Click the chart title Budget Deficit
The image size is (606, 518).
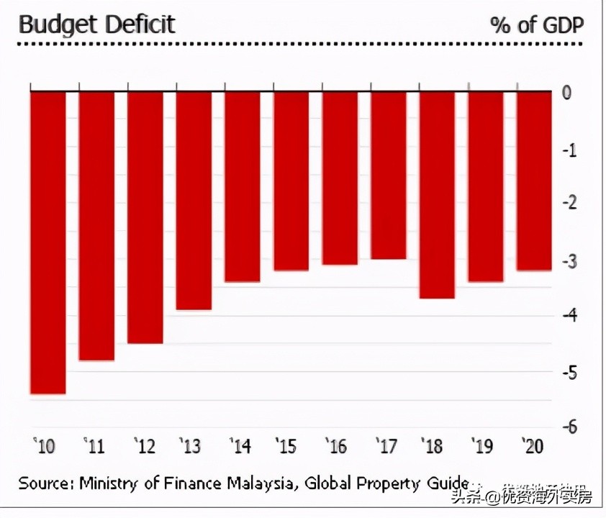pyautogui.click(x=96, y=24)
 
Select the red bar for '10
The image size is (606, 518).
pyautogui.click(x=48, y=242)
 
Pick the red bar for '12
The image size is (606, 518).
pyautogui.click(x=145, y=217)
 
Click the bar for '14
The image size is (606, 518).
pyautogui.click(x=243, y=186)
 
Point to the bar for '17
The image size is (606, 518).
pyautogui.click(x=389, y=175)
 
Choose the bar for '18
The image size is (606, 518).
pyautogui.click(x=437, y=194)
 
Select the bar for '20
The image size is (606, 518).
pyautogui.click(x=534, y=181)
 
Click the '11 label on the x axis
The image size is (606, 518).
pyautogui.click(x=94, y=446)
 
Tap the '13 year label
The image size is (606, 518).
pyautogui.click(x=191, y=446)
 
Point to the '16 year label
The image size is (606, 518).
pyautogui.click(x=337, y=446)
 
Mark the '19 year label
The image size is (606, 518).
pyautogui.click(x=483, y=446)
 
